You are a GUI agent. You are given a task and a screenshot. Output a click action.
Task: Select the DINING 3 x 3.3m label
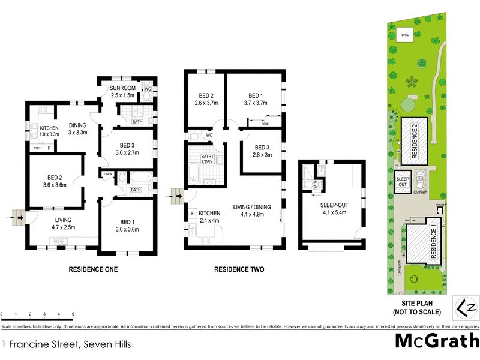(78, 128)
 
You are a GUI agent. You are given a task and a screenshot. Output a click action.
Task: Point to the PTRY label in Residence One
(37, 148)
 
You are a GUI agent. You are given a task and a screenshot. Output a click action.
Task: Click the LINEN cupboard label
(107, 174)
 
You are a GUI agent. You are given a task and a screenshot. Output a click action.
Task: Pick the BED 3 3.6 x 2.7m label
(126, 149)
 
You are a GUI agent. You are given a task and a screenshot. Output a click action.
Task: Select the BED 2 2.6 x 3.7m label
(206, 99)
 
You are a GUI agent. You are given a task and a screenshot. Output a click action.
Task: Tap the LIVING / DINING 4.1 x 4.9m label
(253, 211)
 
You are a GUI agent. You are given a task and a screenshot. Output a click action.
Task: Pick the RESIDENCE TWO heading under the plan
(239, 269)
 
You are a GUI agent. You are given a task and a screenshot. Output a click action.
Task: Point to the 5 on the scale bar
(73, 314)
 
